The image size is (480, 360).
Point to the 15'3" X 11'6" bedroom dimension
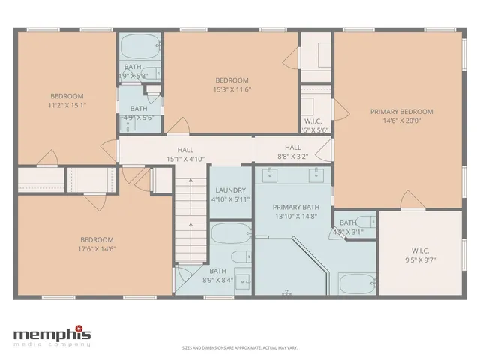(x=232, y=89)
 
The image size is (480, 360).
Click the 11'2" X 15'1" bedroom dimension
(x=67, y=105)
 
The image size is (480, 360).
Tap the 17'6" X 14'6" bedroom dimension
(x=96, y=249)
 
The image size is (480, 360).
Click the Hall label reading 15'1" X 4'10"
(x=185, y=159)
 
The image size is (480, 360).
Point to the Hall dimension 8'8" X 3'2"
(x=292, y=157)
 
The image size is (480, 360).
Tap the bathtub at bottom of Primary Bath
(x=352, y=284)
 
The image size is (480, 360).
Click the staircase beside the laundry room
(x=190, y=217)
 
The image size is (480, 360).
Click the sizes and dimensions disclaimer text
(x=239, y=348)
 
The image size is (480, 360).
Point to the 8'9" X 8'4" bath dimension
(x=217, y=280)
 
